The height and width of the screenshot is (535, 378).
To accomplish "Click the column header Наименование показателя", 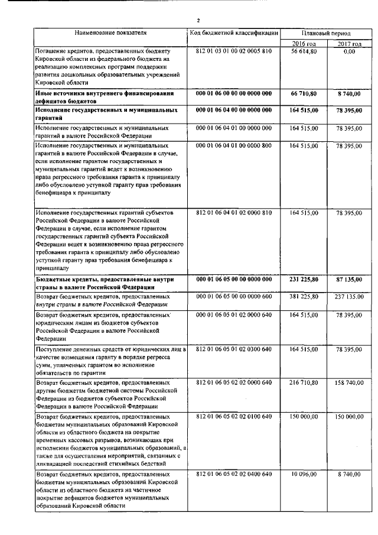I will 110,33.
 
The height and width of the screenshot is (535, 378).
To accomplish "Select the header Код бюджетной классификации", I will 233,33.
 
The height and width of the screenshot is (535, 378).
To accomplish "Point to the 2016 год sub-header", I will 304,44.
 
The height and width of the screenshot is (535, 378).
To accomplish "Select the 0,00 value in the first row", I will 349,52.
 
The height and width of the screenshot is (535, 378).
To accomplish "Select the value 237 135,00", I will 349,296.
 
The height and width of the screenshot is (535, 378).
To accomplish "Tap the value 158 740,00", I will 349,383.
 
